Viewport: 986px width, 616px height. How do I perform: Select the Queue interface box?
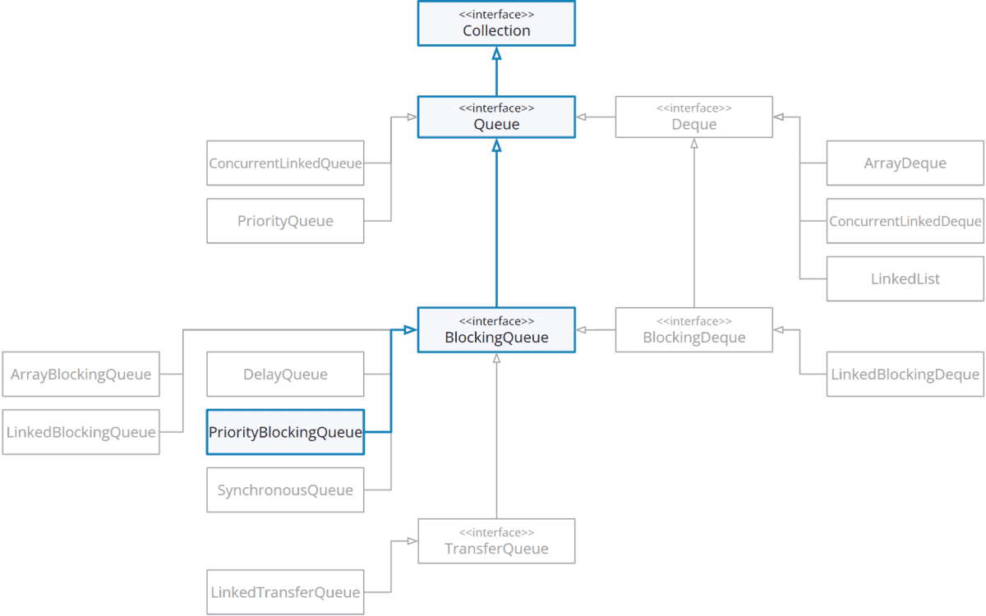tap(496, 117)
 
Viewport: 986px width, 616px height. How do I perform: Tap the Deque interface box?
tap(694, 117)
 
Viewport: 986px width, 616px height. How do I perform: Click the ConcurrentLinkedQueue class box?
tap(285, 163)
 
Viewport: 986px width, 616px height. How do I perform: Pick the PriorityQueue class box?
tap(285, 220)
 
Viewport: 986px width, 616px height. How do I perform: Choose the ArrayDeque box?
tap(905, 163)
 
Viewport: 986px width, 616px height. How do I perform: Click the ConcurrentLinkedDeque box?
tap(905, 220)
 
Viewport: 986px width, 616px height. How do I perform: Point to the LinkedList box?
tap(905, 278)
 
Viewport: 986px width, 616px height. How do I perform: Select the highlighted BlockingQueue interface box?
tap(496, 330)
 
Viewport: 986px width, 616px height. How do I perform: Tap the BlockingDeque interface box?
tap(694, 330)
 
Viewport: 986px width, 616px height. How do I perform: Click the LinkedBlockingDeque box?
tap(905, 374)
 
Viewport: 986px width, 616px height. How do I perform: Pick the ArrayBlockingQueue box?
tap(81, 374)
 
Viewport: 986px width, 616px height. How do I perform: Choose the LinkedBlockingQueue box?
tap(81, 431)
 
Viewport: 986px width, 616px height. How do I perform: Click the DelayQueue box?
tap(285, 374)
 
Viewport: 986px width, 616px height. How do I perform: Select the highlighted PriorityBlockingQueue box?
tap(285, 431)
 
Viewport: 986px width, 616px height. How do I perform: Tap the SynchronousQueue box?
tap(285, 490)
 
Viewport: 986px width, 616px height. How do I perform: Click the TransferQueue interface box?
tap(496, 540)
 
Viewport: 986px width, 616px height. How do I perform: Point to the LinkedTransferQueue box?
tap(285, 591)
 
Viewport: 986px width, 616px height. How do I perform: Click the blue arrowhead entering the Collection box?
tap(496, 53)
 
